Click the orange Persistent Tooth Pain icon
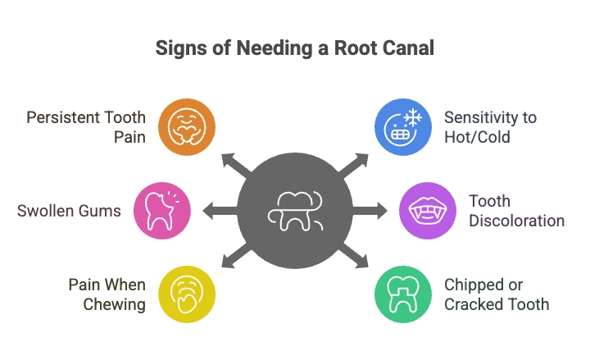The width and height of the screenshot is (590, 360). [x=186, y=126]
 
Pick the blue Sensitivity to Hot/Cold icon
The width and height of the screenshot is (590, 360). [x=402, y=126]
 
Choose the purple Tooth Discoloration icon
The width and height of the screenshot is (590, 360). [x=426, y=211]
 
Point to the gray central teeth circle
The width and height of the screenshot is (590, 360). [x=295, y=211]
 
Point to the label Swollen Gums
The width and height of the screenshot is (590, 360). [x=69, y=211]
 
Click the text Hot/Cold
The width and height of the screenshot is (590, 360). [x=477, y=136]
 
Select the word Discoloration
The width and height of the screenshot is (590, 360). [x=516, y=221]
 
